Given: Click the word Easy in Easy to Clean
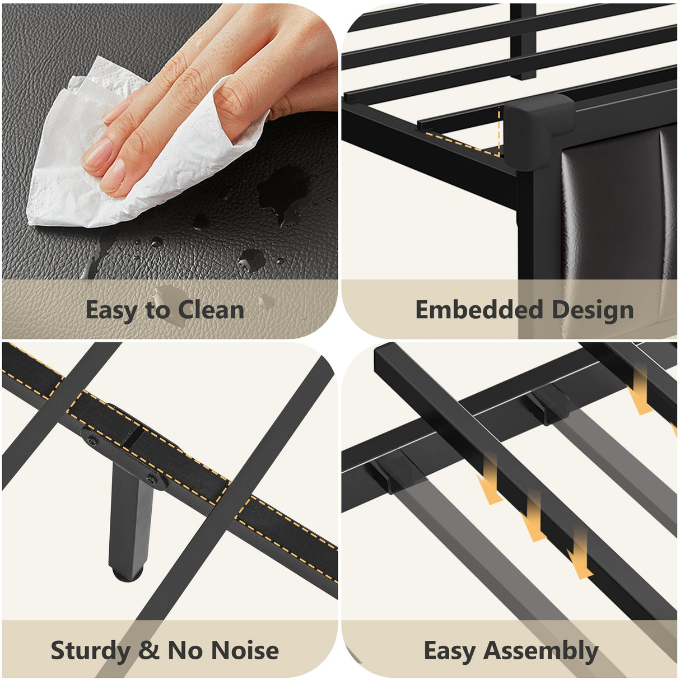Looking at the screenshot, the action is (111, 311).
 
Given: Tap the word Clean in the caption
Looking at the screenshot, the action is (211, 310).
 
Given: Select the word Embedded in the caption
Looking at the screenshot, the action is (479, 310).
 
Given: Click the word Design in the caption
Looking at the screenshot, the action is (593, 311).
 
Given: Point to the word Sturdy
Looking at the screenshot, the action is (90, 650).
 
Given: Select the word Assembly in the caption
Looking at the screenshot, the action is (541, 650).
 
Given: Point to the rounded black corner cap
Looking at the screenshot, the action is (539, 131).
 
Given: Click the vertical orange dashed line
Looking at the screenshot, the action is (499, 131).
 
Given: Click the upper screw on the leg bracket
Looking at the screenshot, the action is (92, 442).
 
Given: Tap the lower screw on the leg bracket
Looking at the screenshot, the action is (152, 480).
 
